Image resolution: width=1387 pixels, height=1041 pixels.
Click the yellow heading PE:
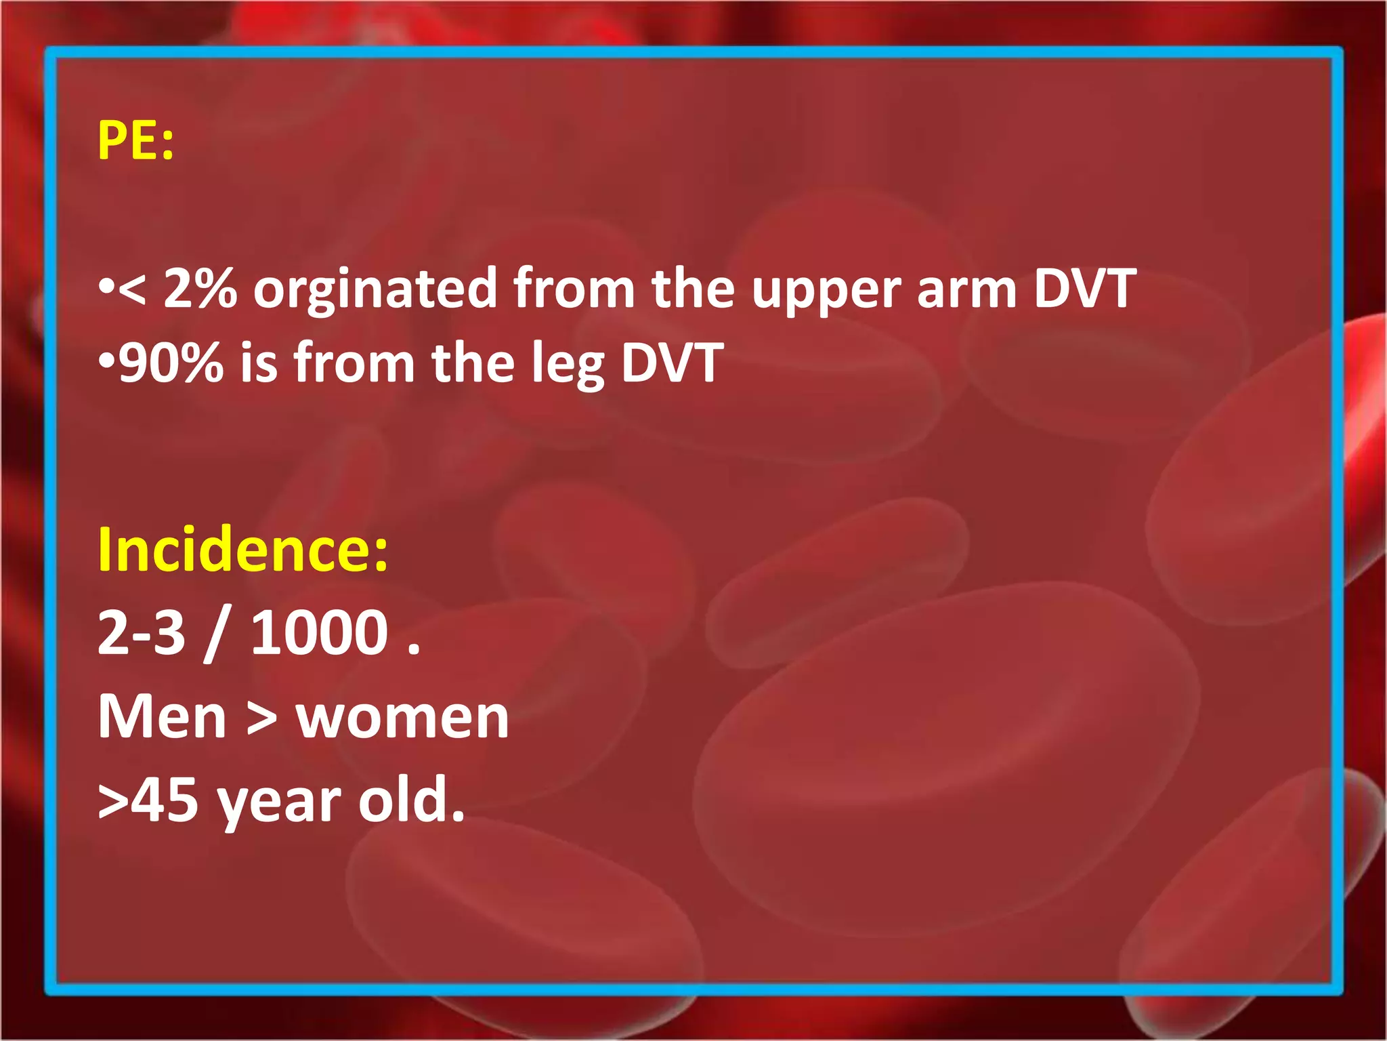pos(135,140)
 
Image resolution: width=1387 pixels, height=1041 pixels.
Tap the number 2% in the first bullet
pos(200,289)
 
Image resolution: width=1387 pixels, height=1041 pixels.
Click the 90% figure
pos(171,363)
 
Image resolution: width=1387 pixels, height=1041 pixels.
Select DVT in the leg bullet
pos(673,363)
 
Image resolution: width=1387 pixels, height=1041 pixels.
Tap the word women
pos(402,718)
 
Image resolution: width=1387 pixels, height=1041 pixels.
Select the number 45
pos(165,800)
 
